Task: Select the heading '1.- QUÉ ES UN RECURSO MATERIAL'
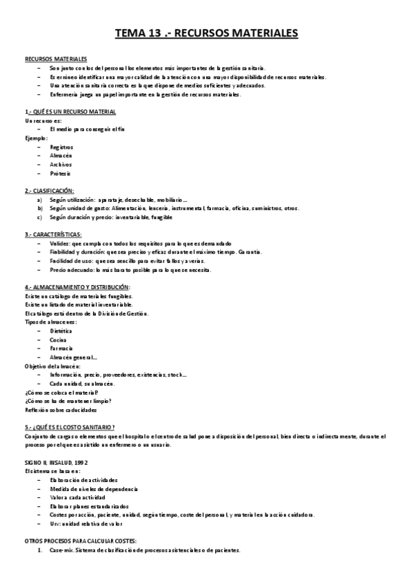tap(70, 112)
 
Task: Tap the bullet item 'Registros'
tap(61, 147)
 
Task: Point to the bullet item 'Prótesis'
tap(60, 173)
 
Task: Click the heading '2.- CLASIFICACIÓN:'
tap(49, 190)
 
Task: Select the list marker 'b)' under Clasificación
tap(40, 208)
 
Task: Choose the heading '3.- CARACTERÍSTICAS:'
tap(53, 234)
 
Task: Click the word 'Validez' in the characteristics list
tap(59, 243)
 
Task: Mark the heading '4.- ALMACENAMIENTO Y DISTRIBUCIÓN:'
tap(77, 286)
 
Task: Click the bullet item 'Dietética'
tap(61, 331)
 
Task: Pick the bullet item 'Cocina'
tap(59, 340)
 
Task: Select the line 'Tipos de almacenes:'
tap(51, 322)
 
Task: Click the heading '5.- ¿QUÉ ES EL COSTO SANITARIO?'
tap(70, 427)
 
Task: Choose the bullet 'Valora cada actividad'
tap(77, 497)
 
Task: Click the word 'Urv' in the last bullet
tap(55, 523)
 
